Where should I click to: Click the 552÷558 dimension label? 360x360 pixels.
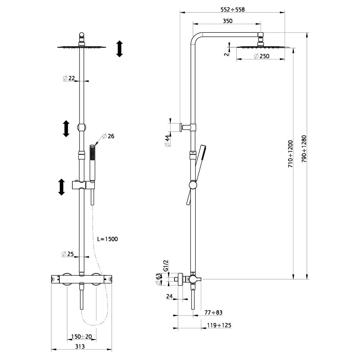click(x=232, y=10)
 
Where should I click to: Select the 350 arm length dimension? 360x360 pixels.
click(x=228, y=21)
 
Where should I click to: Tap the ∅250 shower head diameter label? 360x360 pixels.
click(x=261, y=56)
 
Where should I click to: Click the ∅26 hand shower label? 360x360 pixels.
click(x=108, y=136)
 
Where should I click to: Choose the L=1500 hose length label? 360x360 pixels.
click(x=108, y=239)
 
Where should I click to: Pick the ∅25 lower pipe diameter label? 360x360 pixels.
click(x=68, y=254)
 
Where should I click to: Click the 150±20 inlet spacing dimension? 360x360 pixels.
click(x=81, y=337)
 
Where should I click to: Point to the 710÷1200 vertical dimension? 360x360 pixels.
click(x=291, y=153)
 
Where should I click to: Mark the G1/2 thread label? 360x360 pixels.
click(x=166, y=265)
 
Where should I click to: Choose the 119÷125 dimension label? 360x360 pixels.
click(x=219, y=325)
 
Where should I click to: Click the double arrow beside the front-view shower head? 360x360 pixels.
click(x=120, y=49)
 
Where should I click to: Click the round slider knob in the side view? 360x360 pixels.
click(x=193, y=185)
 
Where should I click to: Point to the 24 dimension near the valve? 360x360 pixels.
click(x=170, y=297)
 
